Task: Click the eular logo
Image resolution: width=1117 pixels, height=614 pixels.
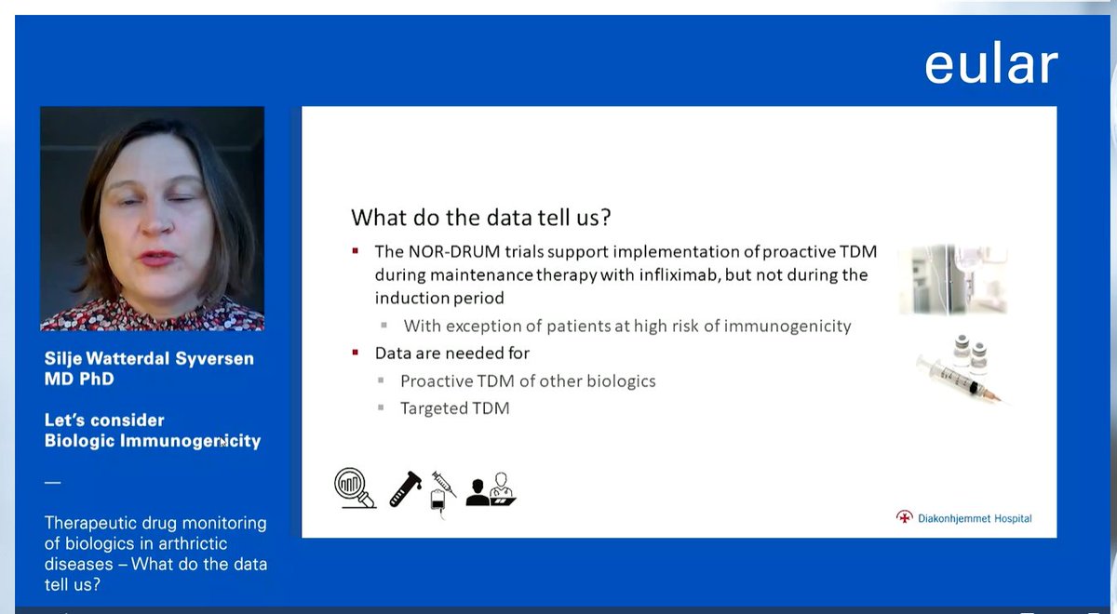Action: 990,64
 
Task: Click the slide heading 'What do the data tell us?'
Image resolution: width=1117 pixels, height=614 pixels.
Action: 480,218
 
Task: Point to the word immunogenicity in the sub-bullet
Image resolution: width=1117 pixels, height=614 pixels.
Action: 787,326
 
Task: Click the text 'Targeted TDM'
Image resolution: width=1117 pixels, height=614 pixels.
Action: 455,408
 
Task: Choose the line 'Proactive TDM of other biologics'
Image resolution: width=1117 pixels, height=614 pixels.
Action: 528,381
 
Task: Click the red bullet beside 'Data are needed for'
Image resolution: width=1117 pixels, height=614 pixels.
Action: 355,353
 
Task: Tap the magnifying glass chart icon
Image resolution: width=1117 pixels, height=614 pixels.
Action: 355,487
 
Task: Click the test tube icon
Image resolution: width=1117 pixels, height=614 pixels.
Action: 405,489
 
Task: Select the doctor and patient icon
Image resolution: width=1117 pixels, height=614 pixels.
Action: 491,489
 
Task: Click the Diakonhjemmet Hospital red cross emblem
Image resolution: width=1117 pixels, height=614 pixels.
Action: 904,517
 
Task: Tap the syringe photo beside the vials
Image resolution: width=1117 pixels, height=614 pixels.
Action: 958,380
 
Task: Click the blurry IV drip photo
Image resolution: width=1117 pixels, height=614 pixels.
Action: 953,279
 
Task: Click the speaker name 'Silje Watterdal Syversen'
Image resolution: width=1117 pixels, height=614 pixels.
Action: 149,358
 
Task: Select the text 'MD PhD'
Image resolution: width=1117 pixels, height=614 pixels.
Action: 79,379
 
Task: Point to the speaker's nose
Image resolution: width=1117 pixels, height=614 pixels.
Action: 157,221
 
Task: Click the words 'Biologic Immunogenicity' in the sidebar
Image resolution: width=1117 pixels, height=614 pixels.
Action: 153,441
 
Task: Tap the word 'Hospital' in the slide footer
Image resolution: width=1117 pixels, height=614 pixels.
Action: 1013,518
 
